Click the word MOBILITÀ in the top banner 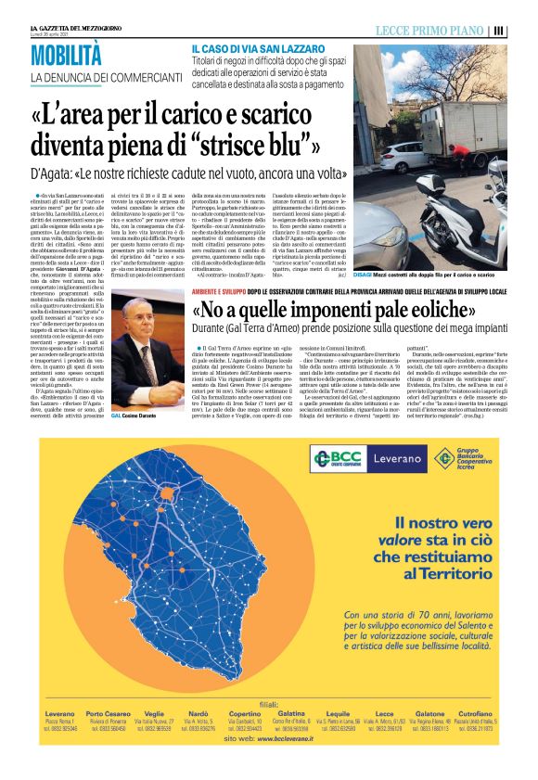point(63,54)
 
